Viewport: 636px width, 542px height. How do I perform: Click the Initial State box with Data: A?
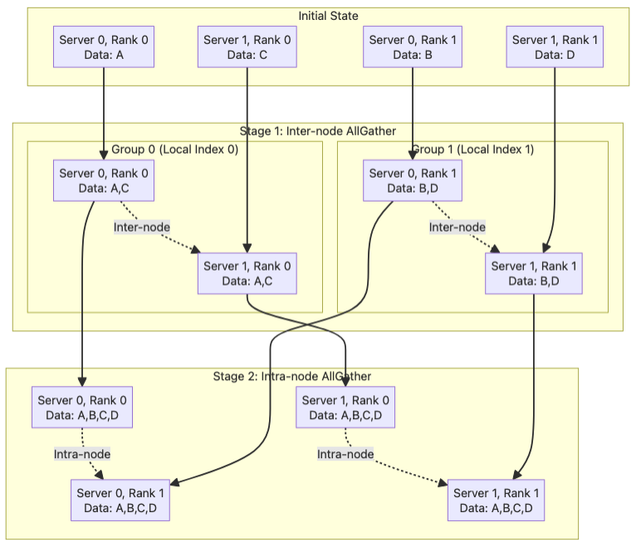point(104,46)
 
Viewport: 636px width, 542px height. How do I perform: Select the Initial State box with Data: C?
point(247,46)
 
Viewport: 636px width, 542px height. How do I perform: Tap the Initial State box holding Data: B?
point(413,46)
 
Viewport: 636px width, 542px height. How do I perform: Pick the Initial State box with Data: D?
point(555,46)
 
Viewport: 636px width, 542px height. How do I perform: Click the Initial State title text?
point(328,16)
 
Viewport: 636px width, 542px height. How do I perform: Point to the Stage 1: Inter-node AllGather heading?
point(317,130)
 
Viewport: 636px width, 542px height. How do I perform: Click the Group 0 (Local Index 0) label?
point(174,149)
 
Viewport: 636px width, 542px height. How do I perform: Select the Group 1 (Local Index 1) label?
point(472,149)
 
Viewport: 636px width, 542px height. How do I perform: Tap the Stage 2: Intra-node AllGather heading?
point(291,376)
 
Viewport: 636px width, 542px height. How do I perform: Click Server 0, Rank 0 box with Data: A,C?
point(104,180)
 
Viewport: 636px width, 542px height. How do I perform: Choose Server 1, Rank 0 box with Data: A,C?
point(247,273)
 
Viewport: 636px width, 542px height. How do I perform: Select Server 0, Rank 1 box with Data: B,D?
point(413,180)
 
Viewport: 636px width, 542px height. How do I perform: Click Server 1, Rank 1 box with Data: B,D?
point(534,273)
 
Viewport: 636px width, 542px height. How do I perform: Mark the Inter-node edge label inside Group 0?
point(142,227)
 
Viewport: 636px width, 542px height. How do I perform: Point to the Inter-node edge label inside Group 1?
point(457,227)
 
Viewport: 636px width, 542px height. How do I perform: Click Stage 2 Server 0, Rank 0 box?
point(82,408)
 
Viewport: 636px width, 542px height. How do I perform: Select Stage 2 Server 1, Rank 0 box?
point(345,408)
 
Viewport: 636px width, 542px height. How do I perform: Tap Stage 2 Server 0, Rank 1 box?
point(121,500)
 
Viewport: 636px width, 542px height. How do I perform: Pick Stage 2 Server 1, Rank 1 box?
point(497,500)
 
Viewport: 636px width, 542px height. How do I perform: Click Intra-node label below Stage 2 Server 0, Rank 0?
point(82,454)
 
